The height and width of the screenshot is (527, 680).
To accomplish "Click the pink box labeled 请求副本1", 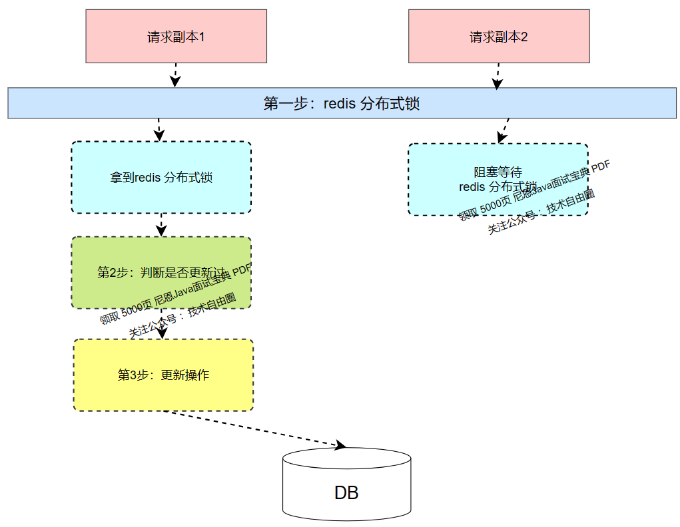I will pyautogui.click(x=176, y=37).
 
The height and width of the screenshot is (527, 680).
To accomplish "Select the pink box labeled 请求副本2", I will pyautogui.click(x=499, y=37).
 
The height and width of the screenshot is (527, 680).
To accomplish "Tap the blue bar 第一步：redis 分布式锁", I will pyautogui.click(x=342, y=103).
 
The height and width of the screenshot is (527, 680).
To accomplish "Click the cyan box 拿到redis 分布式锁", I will pyautogui.click(x=161, y=178).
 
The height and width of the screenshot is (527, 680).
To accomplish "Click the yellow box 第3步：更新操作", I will pyautogui.click(x=163, y=375).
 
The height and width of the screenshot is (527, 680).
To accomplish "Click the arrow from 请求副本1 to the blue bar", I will pyautogui.click(x=175, y=74).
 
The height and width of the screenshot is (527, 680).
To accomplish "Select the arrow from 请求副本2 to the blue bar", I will pyautogui.click(x=496, y=75).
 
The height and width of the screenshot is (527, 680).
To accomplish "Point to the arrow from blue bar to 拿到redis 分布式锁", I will pyautogui.click(x=159, y=129).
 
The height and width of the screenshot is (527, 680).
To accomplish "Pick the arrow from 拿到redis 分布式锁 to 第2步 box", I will pyautogui.click(x=161, y=224).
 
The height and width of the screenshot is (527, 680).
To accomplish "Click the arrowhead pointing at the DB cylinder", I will pyautogui.click(x=340, y=445).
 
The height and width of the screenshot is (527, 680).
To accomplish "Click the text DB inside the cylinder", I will pyautogui.click(x=346, y=493).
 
